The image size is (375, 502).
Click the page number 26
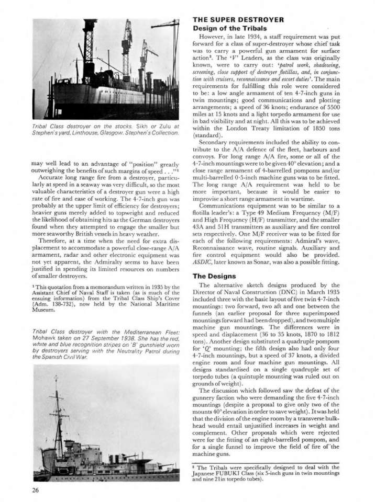pos(20,490)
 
